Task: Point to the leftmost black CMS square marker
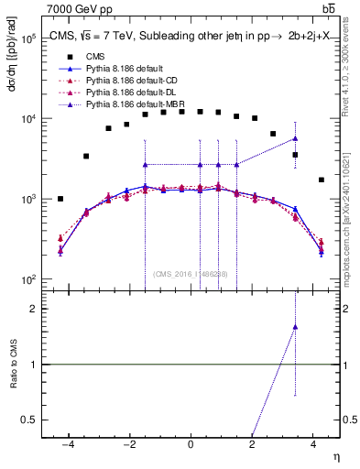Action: [60, 199]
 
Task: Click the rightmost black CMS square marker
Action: [321, 180]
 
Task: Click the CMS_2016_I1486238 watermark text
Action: [190, 274]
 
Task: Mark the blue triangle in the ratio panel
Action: [295, 326]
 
